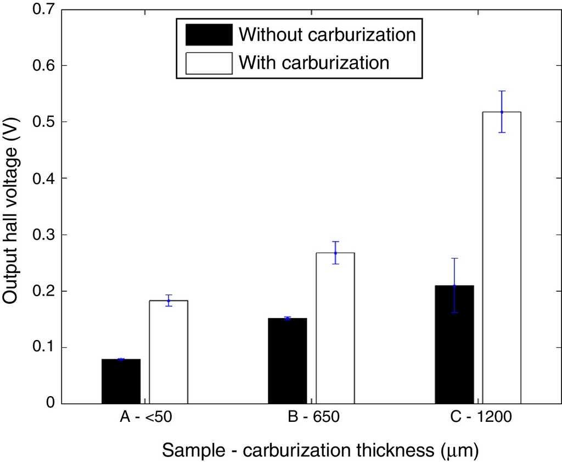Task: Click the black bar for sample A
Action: point(121,381)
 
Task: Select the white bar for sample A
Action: point(168,352)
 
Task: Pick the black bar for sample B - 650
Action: point(287,360)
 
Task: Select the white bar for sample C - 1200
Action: point(502,258)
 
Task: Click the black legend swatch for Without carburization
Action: point(209,35)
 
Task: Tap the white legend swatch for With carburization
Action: point(209,63)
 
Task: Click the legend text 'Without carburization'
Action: point(327,35)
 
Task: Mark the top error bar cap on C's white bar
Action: point(502,91)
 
